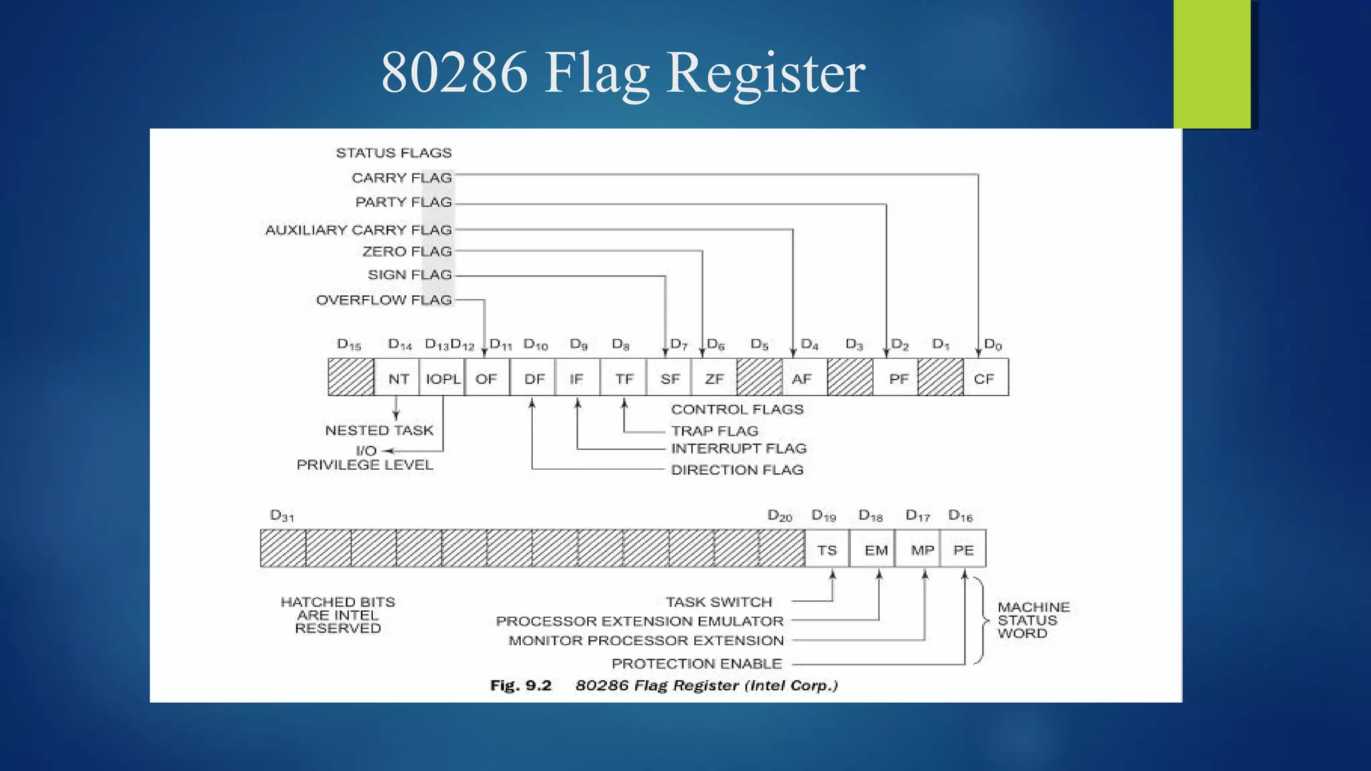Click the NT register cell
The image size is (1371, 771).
(x=398, y=378)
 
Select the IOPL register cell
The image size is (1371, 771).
(x=442, y=378)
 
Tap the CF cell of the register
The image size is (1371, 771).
(x=985, y=378)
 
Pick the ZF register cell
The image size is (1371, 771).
(x=714, y=378)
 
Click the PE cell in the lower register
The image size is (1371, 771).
(x=963, y=549)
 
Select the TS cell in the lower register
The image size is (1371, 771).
(x=827, y=549)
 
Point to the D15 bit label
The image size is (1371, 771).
(x=349, y=345)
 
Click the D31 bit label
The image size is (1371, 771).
(x=282, y=515)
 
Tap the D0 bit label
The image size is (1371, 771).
(x=992, y=345)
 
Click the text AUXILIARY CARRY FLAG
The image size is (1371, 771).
(x=359, y=230)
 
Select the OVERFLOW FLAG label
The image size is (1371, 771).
(x=384, y=300)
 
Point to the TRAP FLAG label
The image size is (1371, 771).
(x=714, y=430)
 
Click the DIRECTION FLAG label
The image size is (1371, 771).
(x=737, y=470)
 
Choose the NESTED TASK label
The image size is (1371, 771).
(x=379, y=430)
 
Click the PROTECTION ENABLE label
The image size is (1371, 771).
(x=696, y=663)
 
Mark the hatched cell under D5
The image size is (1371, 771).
(x=759, y=377)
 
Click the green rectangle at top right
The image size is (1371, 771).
(x=1212, y=64)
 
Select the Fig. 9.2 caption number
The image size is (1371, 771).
(x=520, y=685)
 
